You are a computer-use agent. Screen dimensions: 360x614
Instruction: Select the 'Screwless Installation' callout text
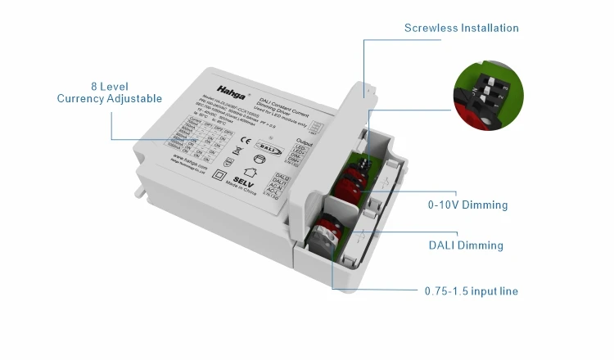pos(462,28)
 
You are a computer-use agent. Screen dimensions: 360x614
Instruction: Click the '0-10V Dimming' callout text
pos(467,205)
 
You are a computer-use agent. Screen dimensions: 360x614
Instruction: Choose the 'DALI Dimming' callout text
pos(466,245)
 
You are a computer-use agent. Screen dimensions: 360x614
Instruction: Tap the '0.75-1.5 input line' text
pos(471,291)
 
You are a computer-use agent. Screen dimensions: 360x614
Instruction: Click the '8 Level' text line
pos(109,86)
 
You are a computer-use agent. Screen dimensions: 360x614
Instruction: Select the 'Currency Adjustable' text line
pos(109,99)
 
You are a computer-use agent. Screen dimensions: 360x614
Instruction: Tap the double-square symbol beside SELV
pos(219,174)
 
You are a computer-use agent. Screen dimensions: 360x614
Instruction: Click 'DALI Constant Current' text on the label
pos(274,101)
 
